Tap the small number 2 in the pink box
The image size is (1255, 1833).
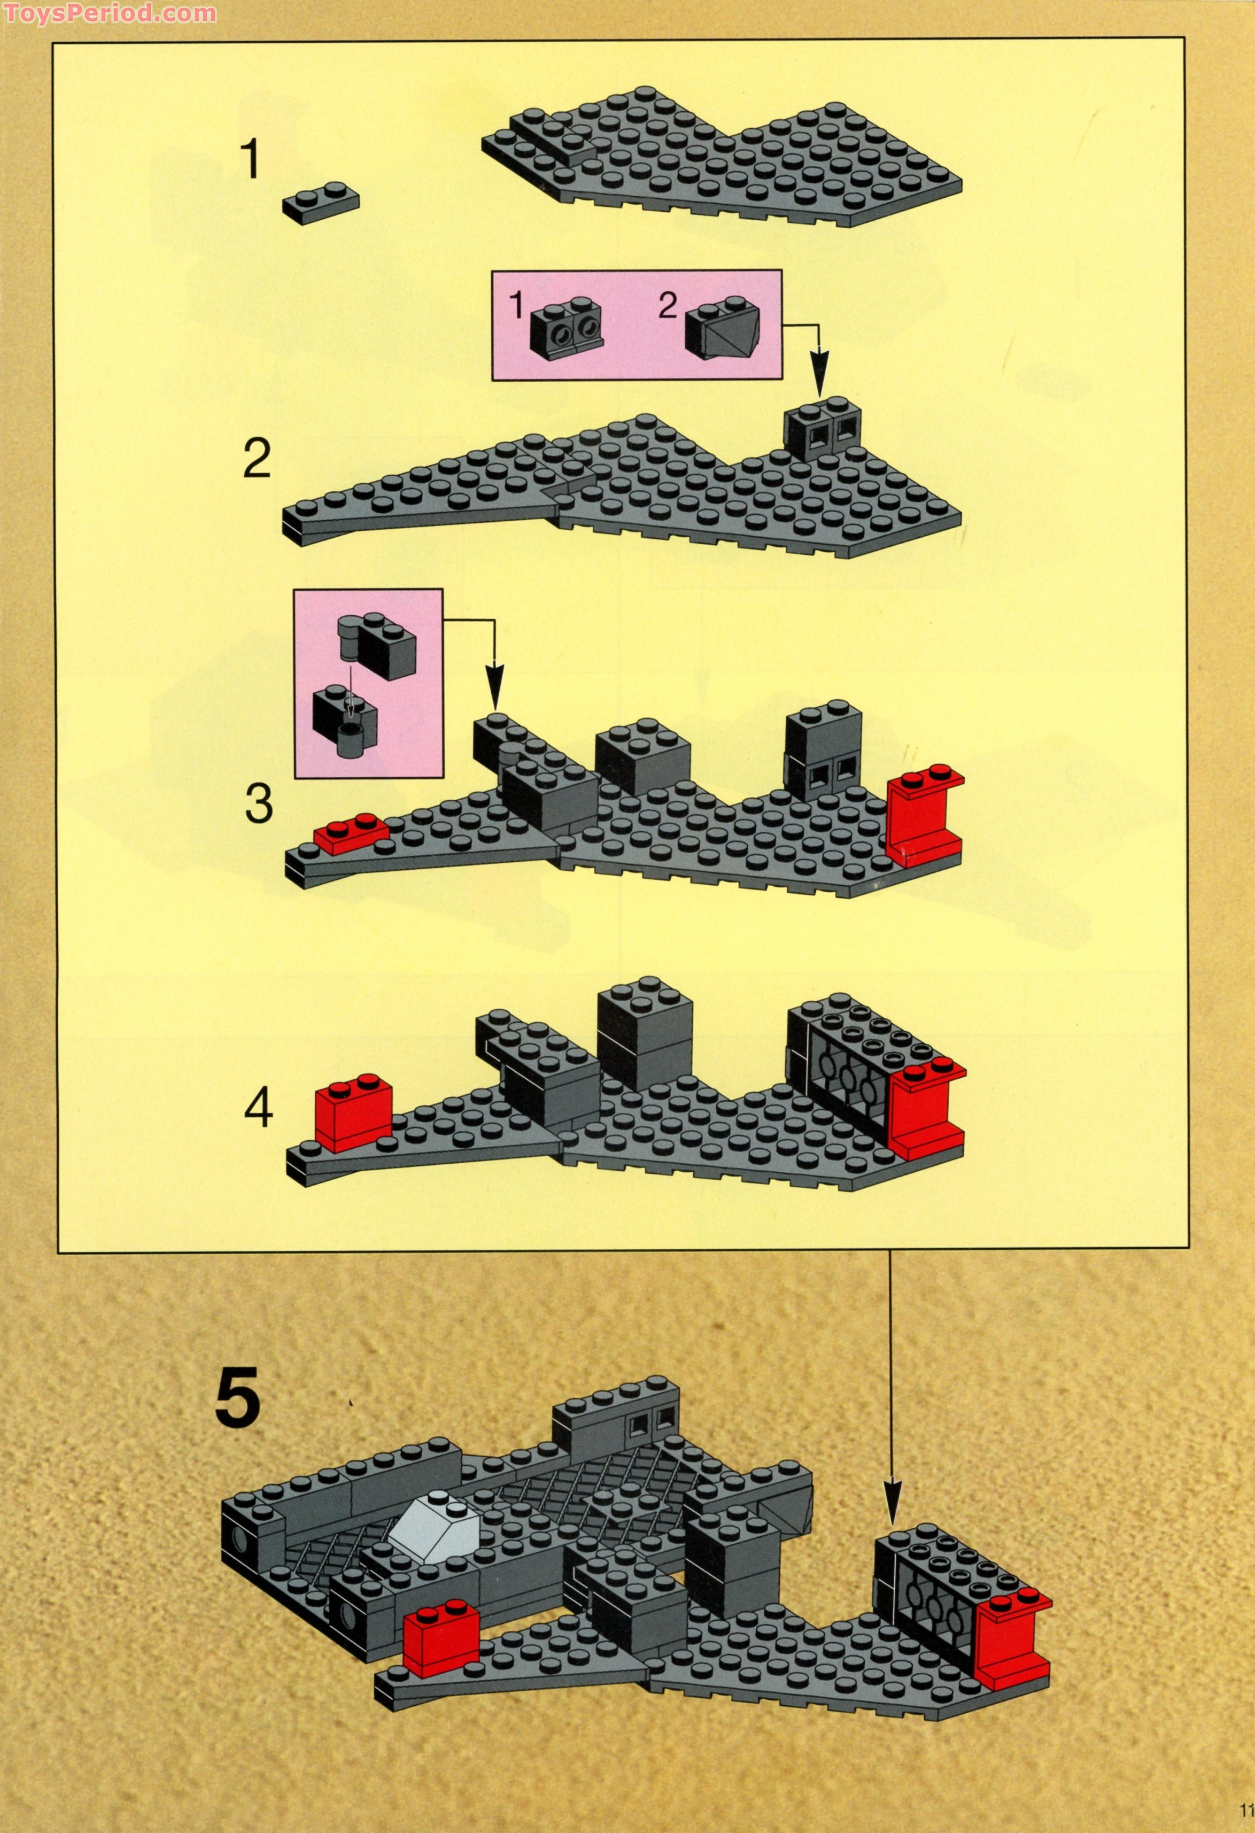pyautogui.click(x=668, y=306)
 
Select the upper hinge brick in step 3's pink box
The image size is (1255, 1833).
pyautogui.click(x=378, y=645)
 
